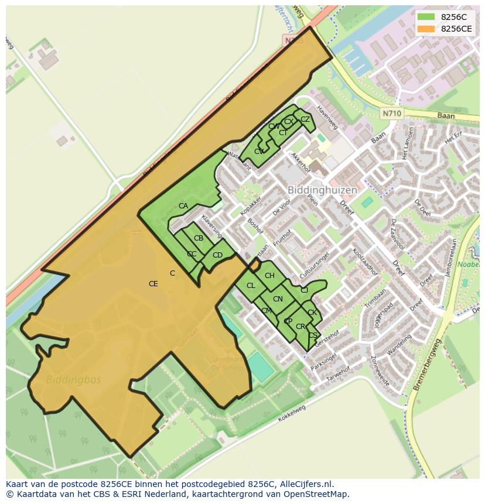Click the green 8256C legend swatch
[426, 17]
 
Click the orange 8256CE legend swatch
[426, 29]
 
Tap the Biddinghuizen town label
[322, 191]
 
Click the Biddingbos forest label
[74, 379]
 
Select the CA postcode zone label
[183, 206]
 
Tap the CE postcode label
[153, 284]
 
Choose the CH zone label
[269, 276]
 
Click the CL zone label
[251, 286]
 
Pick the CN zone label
[278, 299]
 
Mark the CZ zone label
[305, 119]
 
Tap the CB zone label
[199, 238]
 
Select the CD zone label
[217, 255]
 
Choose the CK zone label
[312, 313]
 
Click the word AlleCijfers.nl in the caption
[304, 485]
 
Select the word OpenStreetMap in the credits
[319, 494]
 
